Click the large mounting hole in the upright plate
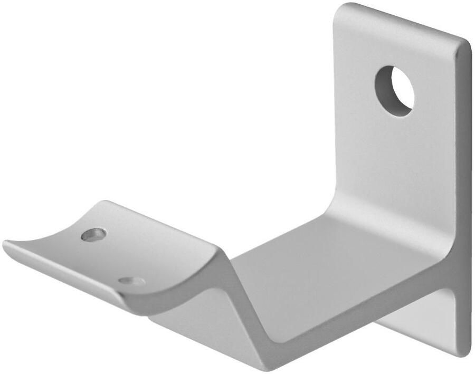395,91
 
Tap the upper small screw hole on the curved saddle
93,234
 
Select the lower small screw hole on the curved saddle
131,281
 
